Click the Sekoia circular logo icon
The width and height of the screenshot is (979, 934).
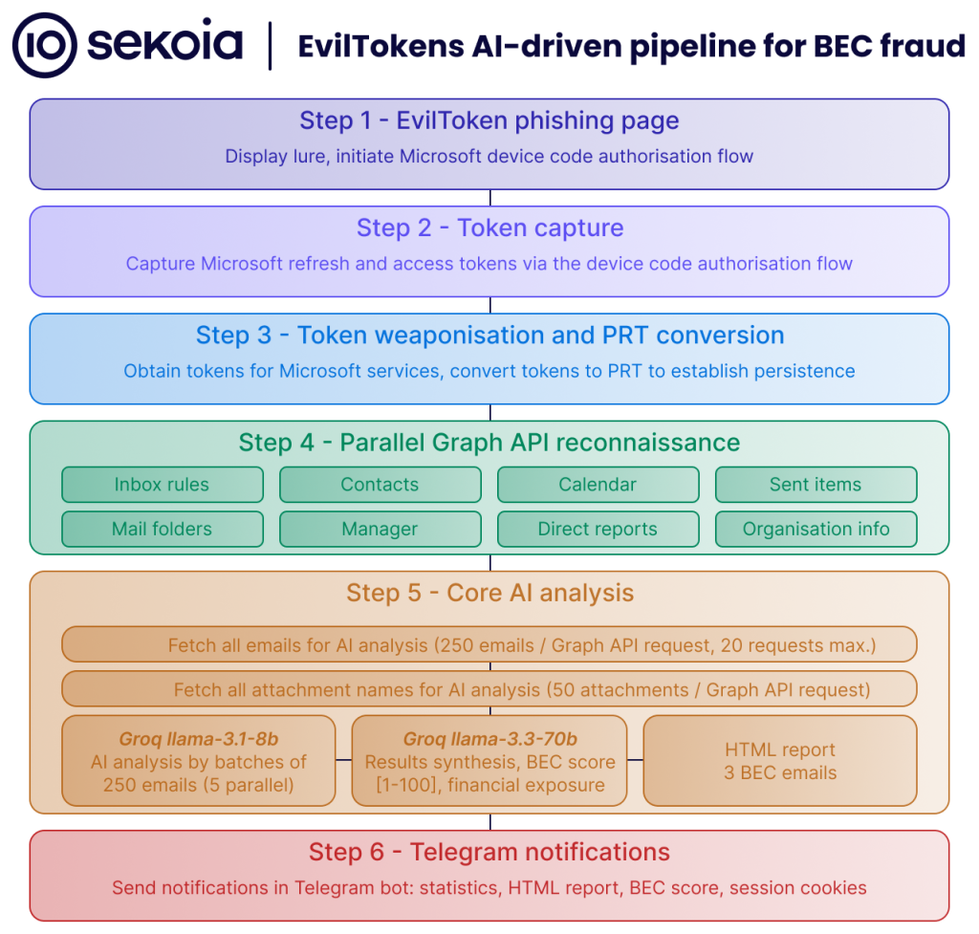(x=44, y=45)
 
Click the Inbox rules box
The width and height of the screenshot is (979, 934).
(x=162, y=485)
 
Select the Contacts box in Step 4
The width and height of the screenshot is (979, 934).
(x=380, y=485)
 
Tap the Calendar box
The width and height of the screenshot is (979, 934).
(x=598, y=485)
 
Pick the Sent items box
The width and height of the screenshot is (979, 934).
(x=816, y=485)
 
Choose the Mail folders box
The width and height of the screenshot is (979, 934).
(x=162, y=529)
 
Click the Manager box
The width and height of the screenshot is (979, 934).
(x=380, y=529)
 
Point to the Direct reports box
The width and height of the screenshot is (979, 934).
(x=598, y=529)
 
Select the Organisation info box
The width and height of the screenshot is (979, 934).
(x=816, y=529)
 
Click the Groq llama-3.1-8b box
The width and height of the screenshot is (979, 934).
(x=199, y=761)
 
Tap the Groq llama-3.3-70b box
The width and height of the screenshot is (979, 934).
(x=489, y=761)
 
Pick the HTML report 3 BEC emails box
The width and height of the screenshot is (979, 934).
(x=780, y=761)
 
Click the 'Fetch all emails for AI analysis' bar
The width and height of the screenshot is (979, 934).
(x=489, y=644)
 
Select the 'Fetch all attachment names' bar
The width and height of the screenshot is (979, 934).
(x=489, y=688)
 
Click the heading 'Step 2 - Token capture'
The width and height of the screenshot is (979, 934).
(x=489, y=228)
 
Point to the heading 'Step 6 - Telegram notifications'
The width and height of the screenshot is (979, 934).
(x=489, y=852)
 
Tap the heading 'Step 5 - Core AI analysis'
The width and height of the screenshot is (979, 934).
(x=489, y=593)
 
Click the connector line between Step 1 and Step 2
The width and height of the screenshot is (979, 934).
(x=490, y=198)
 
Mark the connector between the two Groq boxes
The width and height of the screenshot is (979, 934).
(x=344, y=761)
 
